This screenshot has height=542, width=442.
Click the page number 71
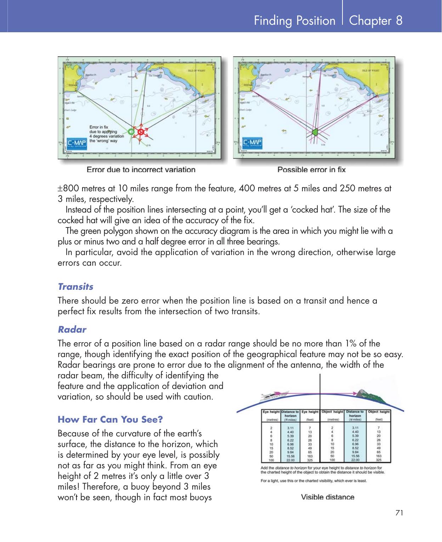tap(399, 513)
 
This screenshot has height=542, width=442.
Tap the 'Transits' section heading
tap(75, 286)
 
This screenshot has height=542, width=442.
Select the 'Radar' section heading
tap(72, 329)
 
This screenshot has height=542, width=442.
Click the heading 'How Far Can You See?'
tap(110, 420)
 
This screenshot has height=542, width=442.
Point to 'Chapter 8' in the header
tap(375, 21)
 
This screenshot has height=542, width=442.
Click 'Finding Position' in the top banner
tap(294, 21)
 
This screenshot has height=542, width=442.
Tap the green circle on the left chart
tap(131, 131)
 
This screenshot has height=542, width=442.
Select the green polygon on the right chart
tap(315, 132)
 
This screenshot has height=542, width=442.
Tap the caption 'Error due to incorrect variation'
tap(141, 169)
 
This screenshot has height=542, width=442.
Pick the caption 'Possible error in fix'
tap(311, 169)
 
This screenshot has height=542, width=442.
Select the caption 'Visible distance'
tap(327, 497)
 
